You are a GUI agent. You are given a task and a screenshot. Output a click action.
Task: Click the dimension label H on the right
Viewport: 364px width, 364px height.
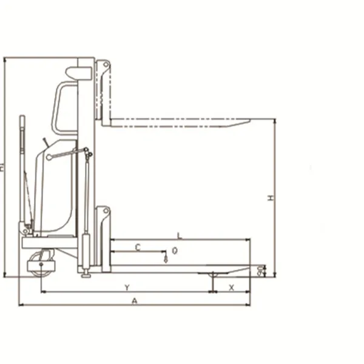(272, 198)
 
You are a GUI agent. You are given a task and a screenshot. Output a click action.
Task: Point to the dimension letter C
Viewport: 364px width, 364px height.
(138, 247)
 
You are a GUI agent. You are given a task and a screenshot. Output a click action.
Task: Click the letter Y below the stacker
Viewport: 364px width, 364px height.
(126, 287)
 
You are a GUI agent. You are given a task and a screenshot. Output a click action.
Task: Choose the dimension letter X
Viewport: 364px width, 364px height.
(231, 287)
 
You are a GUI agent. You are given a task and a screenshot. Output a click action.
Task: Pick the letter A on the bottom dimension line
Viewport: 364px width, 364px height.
(135, 300)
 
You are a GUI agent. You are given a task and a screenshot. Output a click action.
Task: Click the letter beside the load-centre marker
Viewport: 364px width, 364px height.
(175, 250)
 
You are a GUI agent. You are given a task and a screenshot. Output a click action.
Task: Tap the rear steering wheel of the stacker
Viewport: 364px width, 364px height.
(41, 269)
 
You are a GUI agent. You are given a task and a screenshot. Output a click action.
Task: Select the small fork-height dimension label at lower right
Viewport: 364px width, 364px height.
(261, 270)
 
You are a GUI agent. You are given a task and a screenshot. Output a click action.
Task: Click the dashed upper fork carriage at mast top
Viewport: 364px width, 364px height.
(104, 91)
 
